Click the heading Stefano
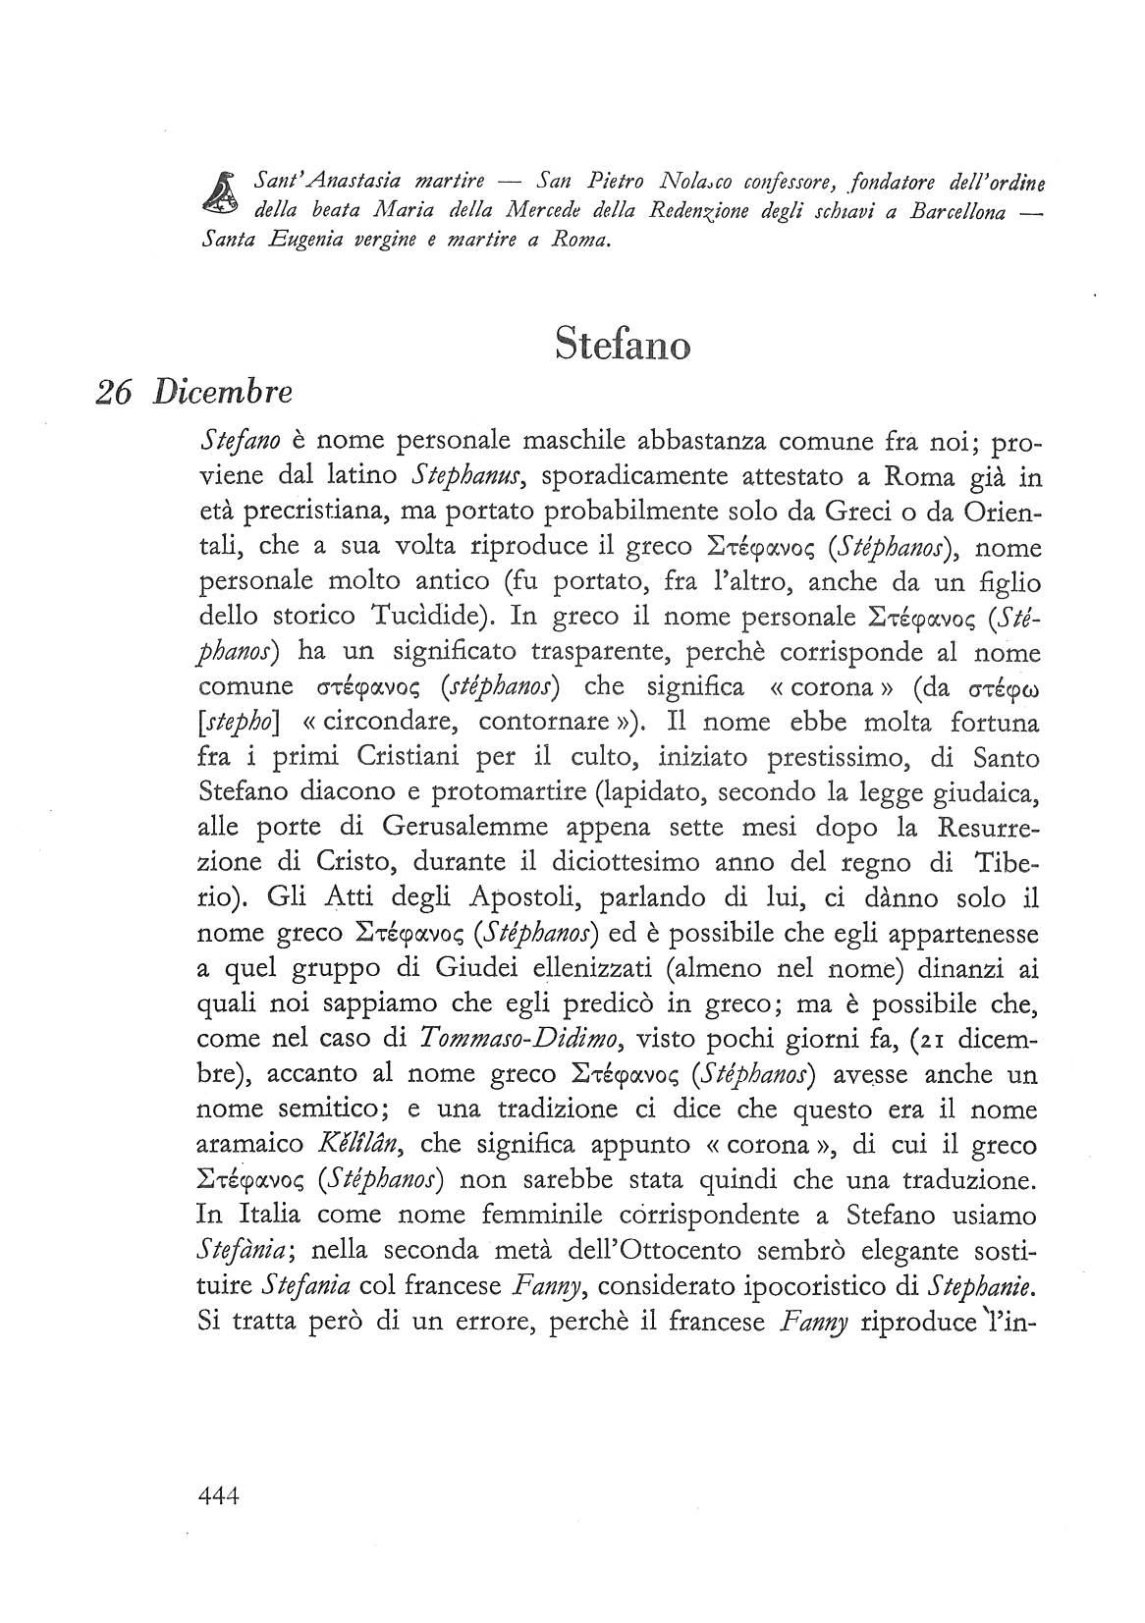pos(622,344)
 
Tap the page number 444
pos(219,1550)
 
